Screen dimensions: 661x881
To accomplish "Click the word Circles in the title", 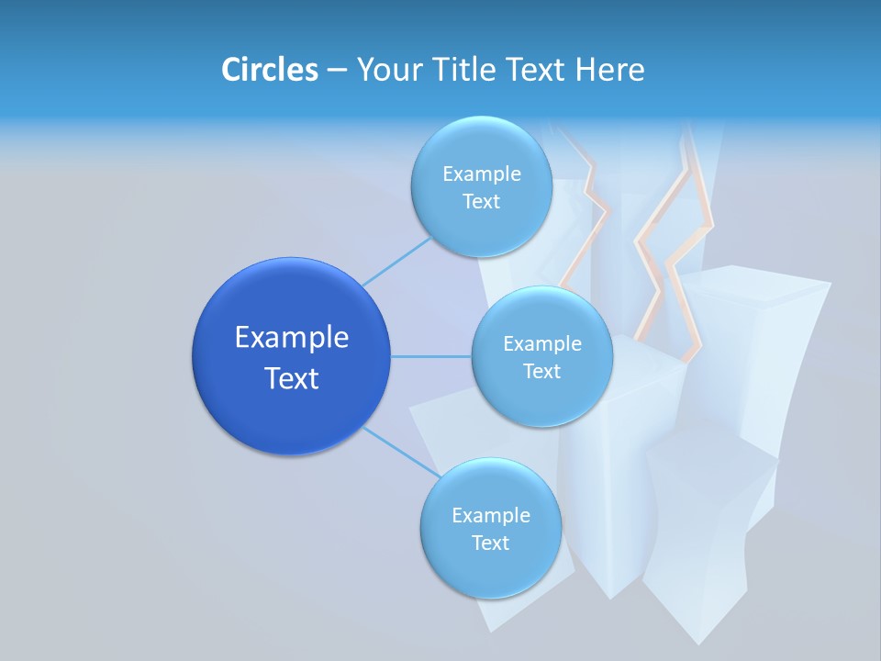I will pyautogui.click(x=269, y=70).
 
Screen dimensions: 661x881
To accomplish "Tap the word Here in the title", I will pyautogui.click(x=609, y=70).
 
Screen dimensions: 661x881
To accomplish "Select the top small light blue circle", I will pyautogui.click(x=481, y=230).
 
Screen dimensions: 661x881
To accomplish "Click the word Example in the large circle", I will pyautogui.click(x=291, y=338).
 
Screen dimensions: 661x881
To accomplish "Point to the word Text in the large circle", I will pyautogui.click(x=291, y=378).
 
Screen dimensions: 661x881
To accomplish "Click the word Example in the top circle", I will pyautogui.click(x=481, y=174).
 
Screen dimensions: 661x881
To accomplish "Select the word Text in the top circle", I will pyautogui.click(x=481, y=202).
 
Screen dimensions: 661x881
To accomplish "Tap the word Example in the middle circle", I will pyautogui.click(x=541, y=344).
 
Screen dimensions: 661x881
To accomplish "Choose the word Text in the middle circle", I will pyautogui.click(x=541, y=372).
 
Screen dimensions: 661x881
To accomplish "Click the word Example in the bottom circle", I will pyautogui.click(x=490, y=516).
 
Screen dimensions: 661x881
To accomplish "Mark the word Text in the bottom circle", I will pyautogui.click(x=490, y=543).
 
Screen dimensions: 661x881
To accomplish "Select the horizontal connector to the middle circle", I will pyautogui.click(x=431, y=356).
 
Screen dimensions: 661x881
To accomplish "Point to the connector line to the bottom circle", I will pyautogui.click(x=400, y=452).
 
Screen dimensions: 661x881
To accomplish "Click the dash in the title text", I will pyautogui.click(x=336, y=71).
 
